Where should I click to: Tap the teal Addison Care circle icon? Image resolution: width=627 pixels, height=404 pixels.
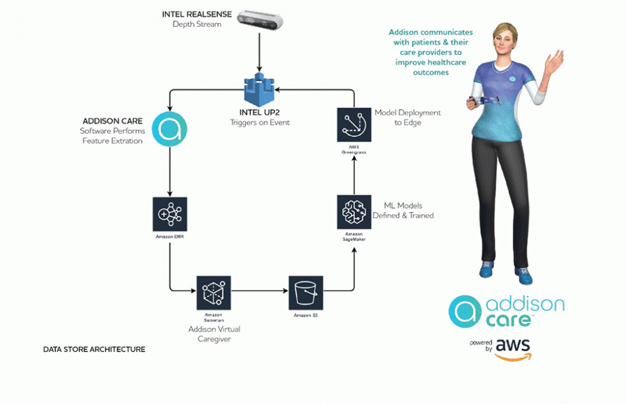click(x=169, y=130)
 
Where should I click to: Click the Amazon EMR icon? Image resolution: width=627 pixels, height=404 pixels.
click(x=169, y=214)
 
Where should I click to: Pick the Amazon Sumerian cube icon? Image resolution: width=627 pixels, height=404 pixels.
click(x=213, y=292)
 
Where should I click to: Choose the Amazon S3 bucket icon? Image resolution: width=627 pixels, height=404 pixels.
click(x=306, y=292)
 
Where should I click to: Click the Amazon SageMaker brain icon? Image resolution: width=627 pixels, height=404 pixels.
click(x=354, y=212)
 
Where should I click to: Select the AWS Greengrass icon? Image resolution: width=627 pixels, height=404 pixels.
click(x=354, y=124)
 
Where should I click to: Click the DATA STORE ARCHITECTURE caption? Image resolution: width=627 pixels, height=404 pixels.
click(x=94, y=349)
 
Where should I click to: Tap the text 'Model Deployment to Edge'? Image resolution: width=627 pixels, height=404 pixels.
click(x=408, y=117)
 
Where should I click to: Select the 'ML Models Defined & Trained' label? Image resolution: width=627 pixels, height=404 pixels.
click(x=403, y=210)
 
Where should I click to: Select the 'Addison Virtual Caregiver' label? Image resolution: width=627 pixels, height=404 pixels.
click(x=214, y=333)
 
